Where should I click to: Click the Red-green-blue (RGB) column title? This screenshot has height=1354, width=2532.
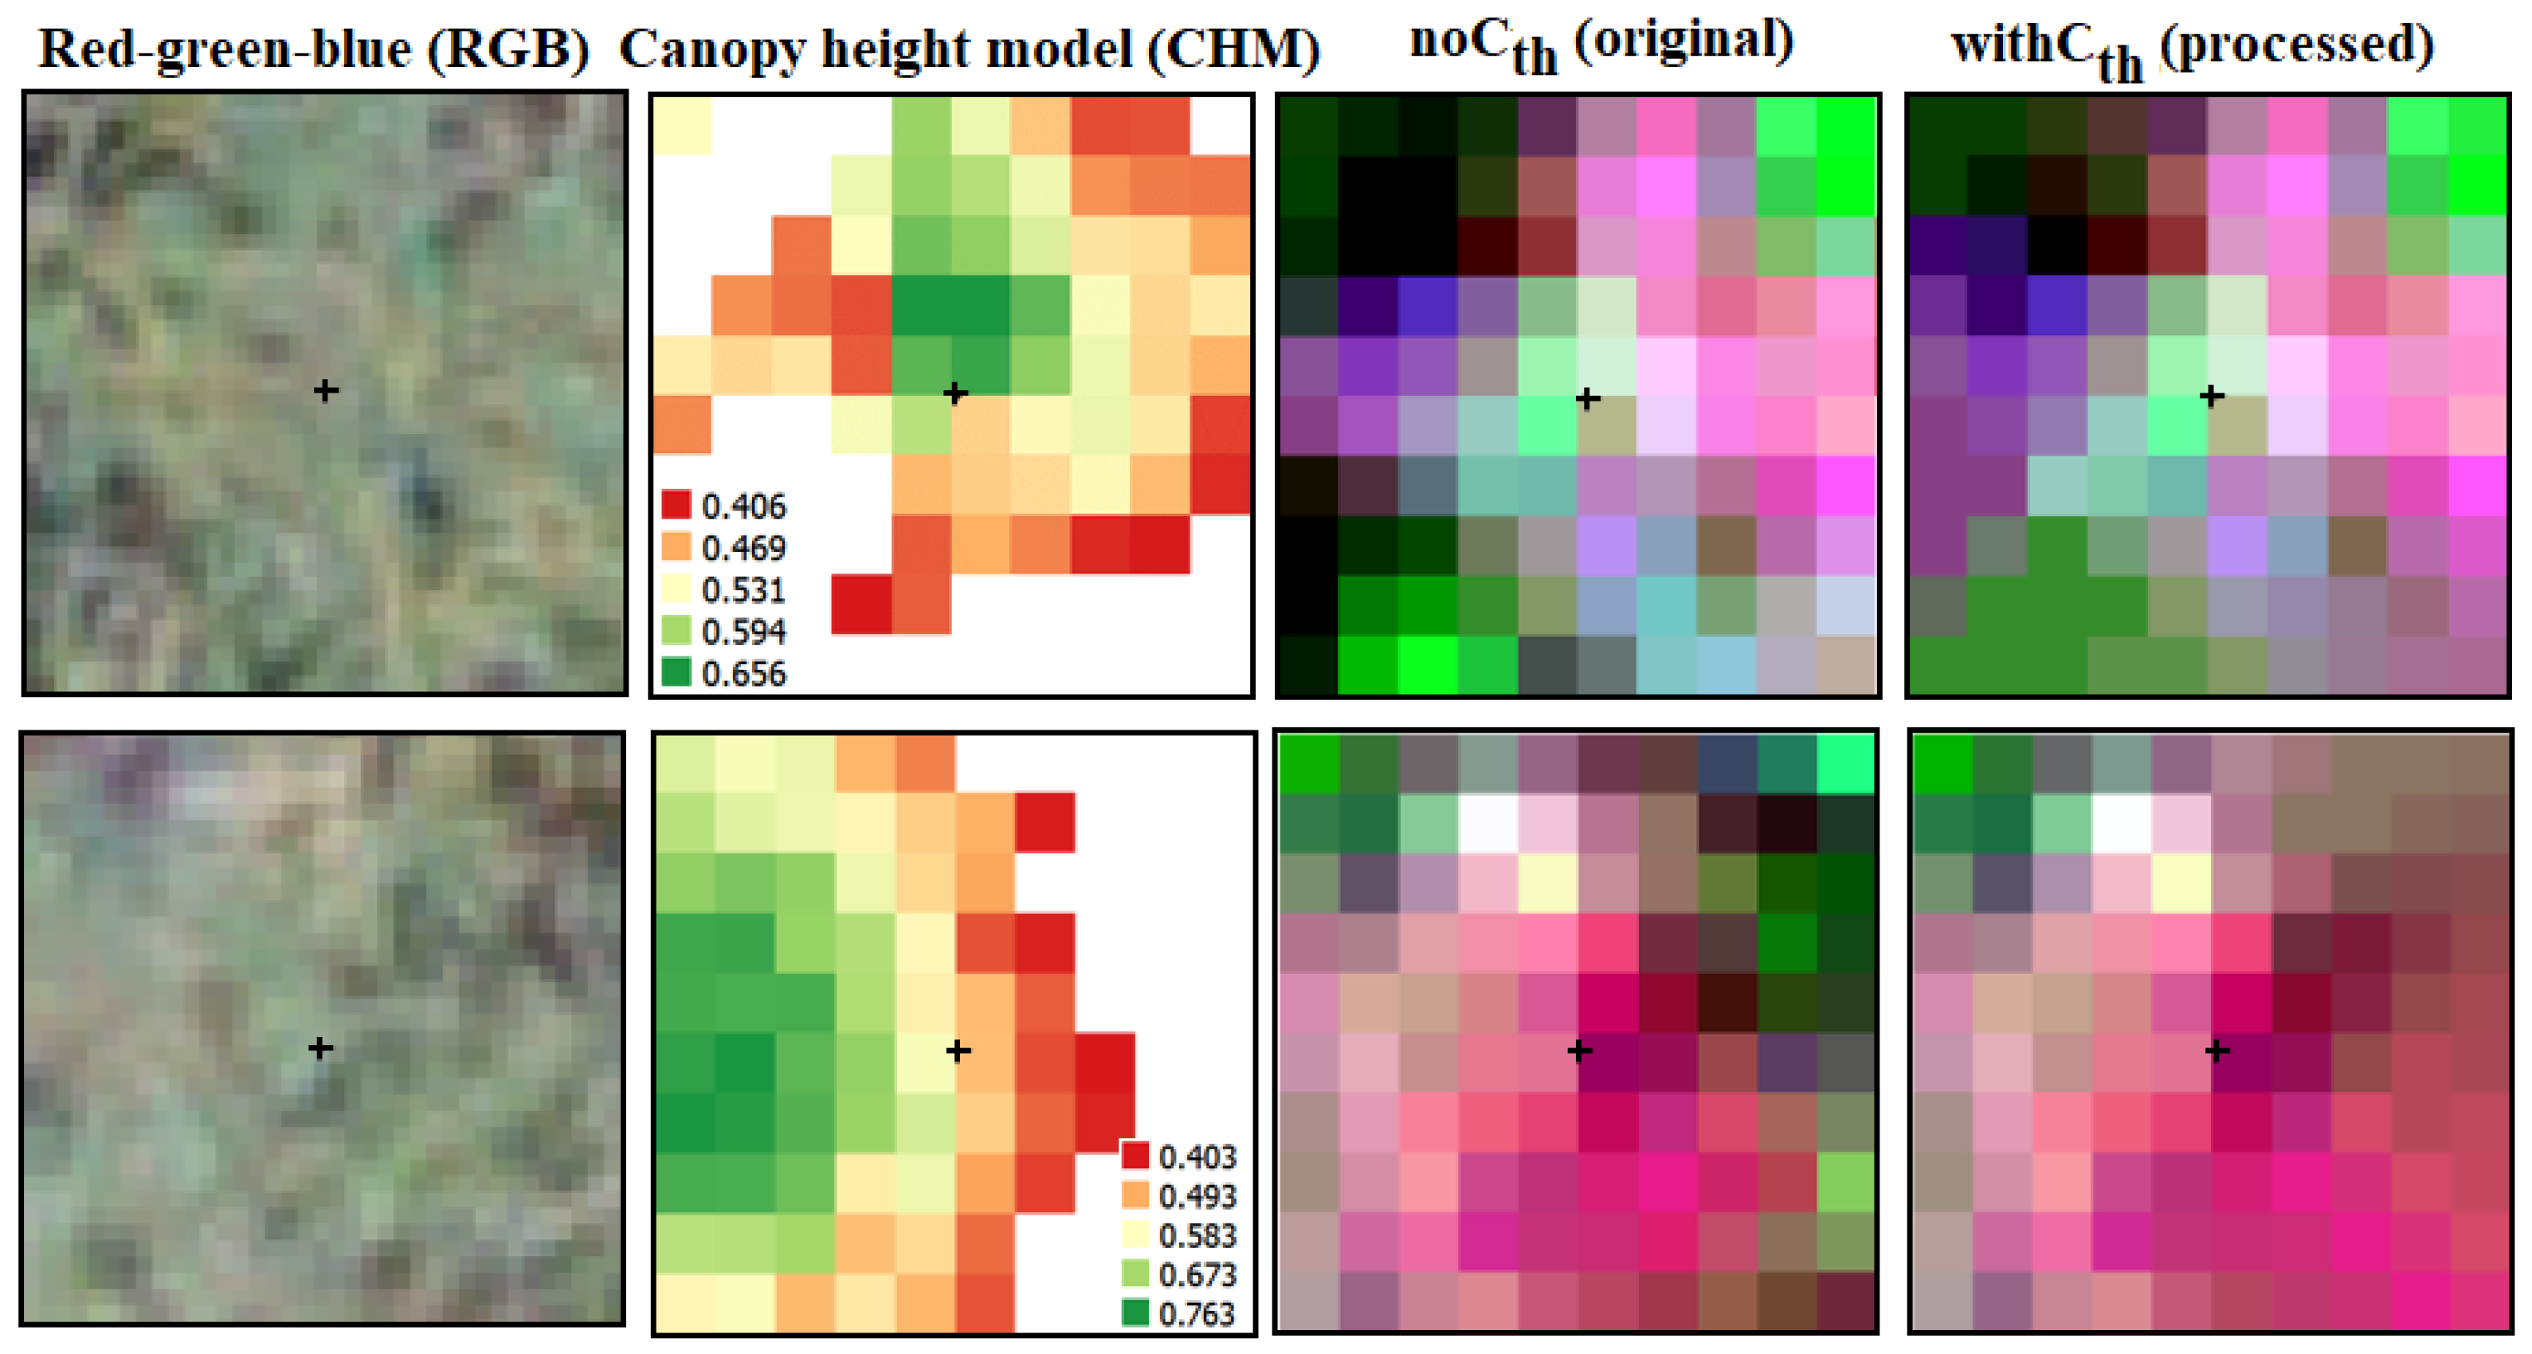click(314, 49)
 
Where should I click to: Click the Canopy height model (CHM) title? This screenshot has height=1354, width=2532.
click(969, 49)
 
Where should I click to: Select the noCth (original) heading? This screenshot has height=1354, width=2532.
click(1601, 45)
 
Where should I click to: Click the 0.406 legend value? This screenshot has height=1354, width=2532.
click(743, 507)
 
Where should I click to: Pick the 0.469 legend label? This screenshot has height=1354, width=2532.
click(743, 548)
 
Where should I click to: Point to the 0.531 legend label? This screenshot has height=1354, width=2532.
click(743, 590)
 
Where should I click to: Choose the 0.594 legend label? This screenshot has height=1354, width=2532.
click(743, 632)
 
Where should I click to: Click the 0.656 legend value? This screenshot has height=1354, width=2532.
click(743, 674)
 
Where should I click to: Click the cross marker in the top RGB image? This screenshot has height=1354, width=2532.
click(325, 391)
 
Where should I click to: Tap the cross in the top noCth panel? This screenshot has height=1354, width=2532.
click(1587, 398)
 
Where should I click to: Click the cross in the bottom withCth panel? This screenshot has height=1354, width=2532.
click(2216, 1051)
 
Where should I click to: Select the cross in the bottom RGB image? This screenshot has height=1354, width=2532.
click(319, 1048)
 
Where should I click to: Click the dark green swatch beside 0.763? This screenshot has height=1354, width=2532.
click(1135, 1313)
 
